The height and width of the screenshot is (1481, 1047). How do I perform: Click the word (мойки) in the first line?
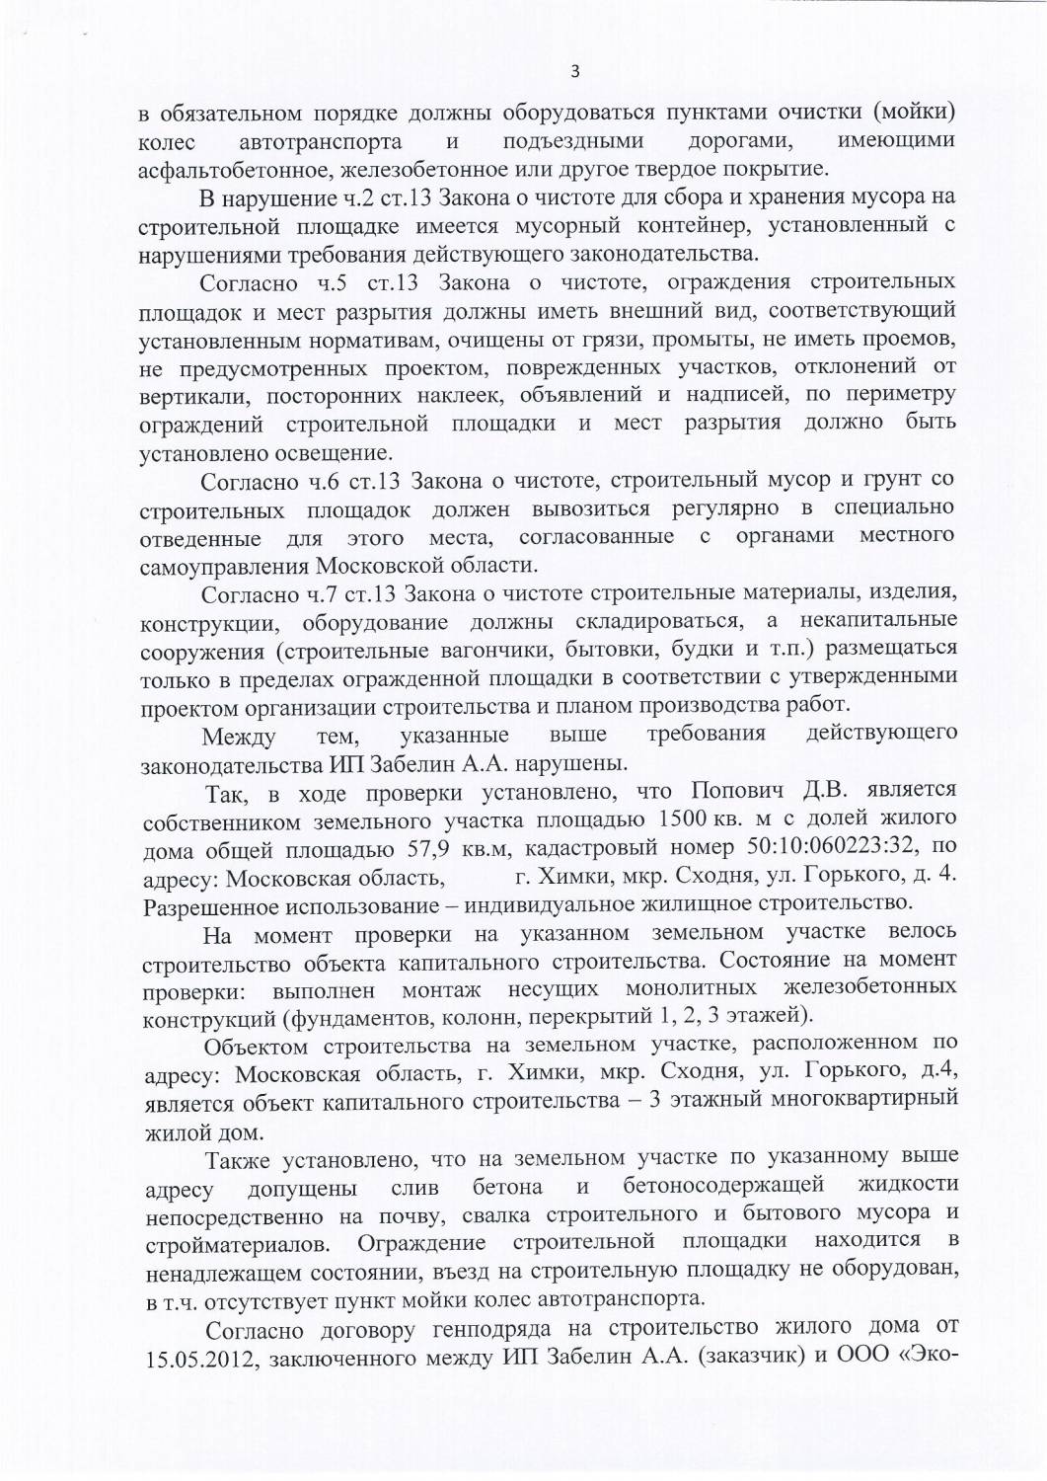coord(912,112)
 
